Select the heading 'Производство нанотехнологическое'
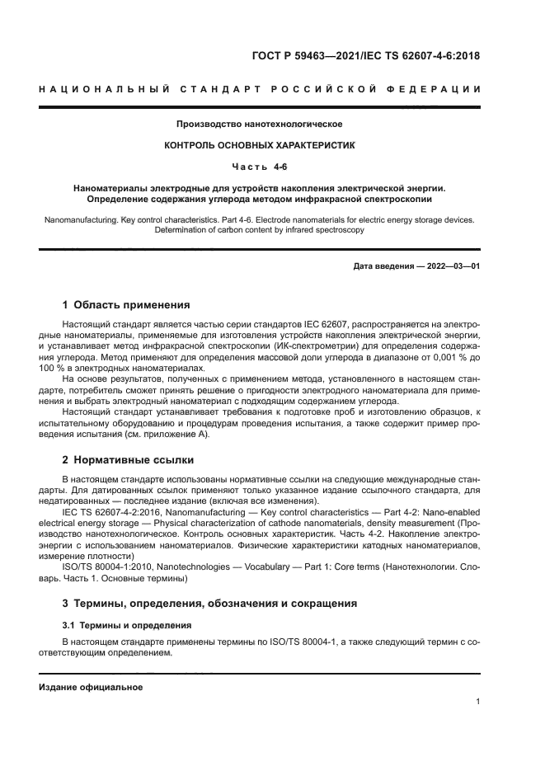coord(260,125)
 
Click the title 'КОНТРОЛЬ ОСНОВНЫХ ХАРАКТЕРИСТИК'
coord(260,145)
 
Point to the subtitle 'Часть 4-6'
coord(260,167)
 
